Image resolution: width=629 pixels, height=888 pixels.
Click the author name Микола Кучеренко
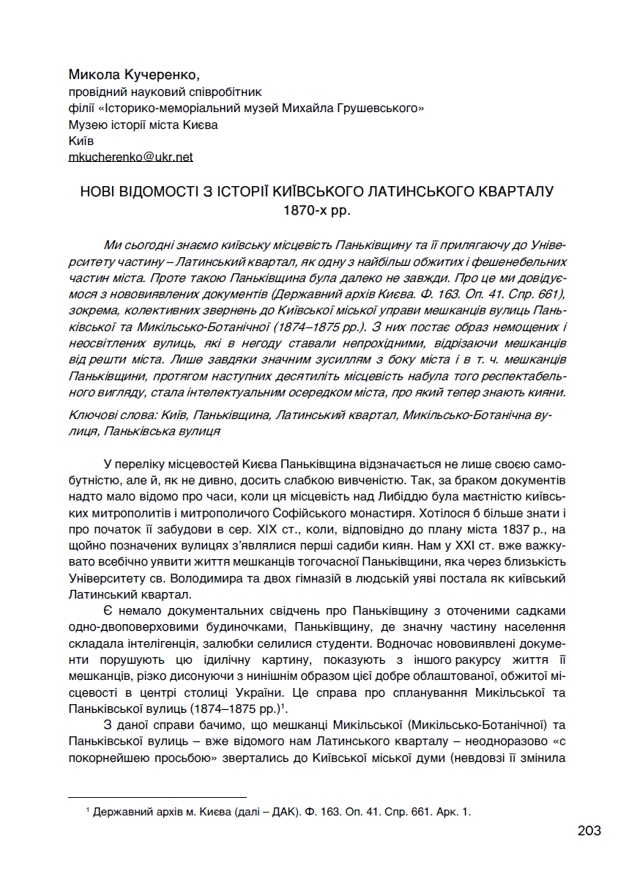coord(134,75)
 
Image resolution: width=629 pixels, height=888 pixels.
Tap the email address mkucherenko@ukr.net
coord(130,156)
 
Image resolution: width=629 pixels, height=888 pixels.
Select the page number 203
coord(588,830)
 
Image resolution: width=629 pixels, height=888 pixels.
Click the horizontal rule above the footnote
coord(157,797)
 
